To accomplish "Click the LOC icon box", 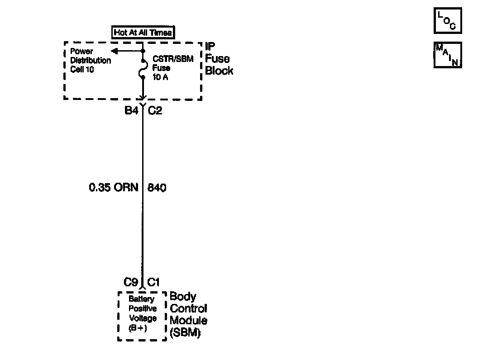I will pyautogui.click(x=448, y=21).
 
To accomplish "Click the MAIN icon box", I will pyautogui.click(x=448, y=55).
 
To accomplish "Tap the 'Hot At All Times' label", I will pyautogui.click(x=143, y=32).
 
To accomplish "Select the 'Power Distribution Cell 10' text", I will pyautogui.click(x=90, y=61).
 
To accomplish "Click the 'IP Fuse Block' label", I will pyautogui.click(x=219, y=59).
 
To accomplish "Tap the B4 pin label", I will pyautogui.click(x=131, y=110).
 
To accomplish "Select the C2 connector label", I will pyautogui.click(x=155, y=110).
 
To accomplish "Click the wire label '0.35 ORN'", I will pyautogui.click(x=114, y=187).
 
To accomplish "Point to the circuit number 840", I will pyautogui.click(x=157, y=187).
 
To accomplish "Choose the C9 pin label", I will pyautogui.click(x=131, y=282).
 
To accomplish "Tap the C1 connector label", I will pyautogui.click(x=153, y=282).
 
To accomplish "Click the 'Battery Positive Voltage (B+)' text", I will pyautogui.click(x=142, y=313).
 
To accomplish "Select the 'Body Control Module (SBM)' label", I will pyautogui.click(x=188, y=315).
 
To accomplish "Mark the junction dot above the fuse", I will pyautogui.click(x=143, y=51).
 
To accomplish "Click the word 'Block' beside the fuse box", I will pyautogui.click(x=220, y=71).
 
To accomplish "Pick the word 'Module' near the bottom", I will pyautogui.click(x=188, y=321).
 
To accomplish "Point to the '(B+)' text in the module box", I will pyautogui.click(x=138, y=328).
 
